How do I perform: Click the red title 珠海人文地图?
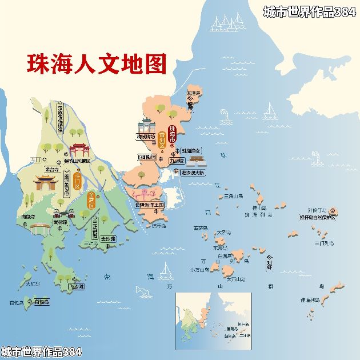point(96,64)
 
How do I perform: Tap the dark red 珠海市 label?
point(172,133)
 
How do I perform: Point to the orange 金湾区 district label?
point(91,201)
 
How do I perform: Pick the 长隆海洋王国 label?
point(149,204)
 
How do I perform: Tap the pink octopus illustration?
point(147,192)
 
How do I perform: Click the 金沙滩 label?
point(108,238)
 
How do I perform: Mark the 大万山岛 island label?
point(235,279)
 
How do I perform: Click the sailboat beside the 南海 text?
point(166,269)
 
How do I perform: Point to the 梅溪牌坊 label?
point(146,137)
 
